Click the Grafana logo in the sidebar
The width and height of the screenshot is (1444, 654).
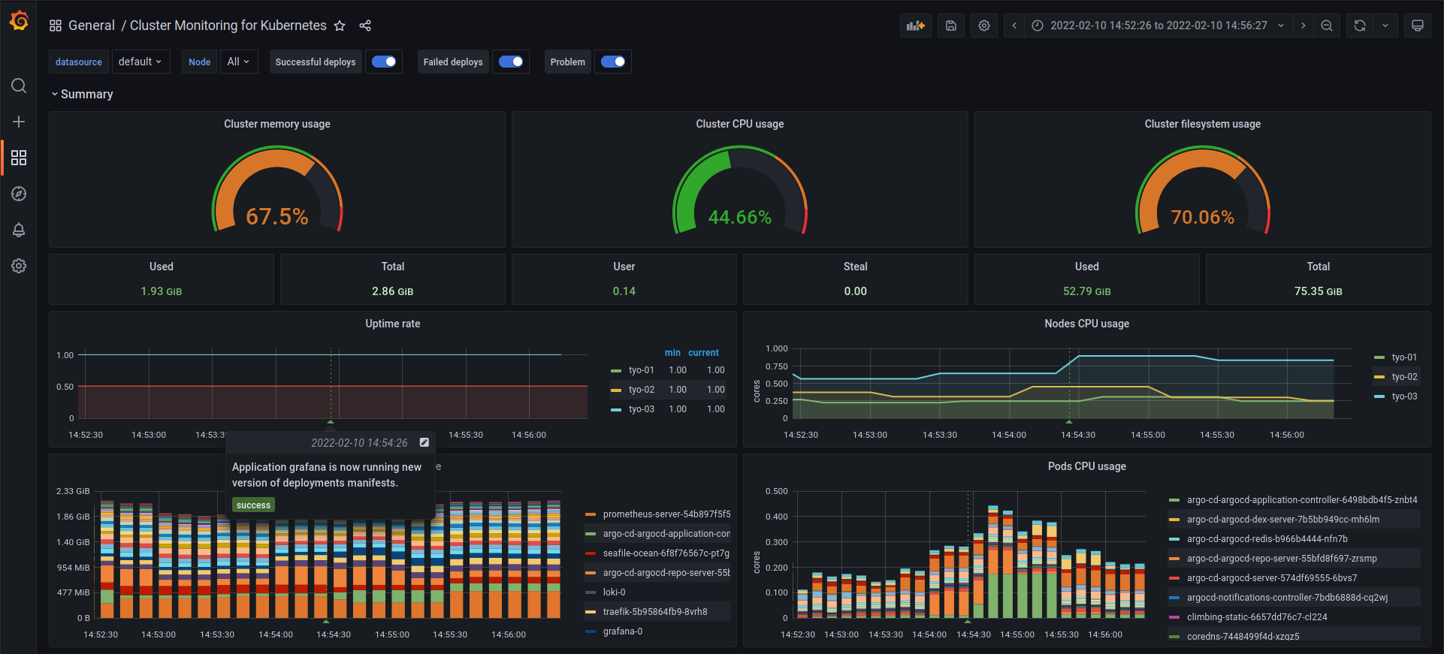[x=19, y=21]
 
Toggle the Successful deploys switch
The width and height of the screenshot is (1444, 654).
[x=384, y=62]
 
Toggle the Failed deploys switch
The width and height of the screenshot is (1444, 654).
[x=511, y=62]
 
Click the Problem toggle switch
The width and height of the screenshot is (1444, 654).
[x=613, y=62]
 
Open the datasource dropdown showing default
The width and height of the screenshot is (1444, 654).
[x=140, y=62]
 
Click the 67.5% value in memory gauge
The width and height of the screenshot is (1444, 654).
[x=277, y=217]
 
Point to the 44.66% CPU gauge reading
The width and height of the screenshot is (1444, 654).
[x=739, y=217]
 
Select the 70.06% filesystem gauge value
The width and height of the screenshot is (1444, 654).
[x=1202, y=217]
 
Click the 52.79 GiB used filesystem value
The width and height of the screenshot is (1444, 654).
[x=1086, y=291]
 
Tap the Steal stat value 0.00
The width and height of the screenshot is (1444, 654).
[x=855, y=291]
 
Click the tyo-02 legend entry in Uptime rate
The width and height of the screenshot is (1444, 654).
[x=641, y=390]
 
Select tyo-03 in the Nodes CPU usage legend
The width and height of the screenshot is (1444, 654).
[x=1403, y=396]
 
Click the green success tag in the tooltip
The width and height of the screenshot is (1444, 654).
[x=253, y=505]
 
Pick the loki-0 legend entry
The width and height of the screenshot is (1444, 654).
[x=614, y=592]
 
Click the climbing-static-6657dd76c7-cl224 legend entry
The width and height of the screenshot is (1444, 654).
[x=1256, y=617]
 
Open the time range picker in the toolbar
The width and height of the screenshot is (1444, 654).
[x=1158, y=26]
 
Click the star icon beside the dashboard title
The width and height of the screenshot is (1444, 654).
[x=340, y=26]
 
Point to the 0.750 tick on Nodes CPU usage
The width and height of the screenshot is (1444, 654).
[x=776, y=366]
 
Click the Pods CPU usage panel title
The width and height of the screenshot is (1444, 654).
[x=1086, y=466]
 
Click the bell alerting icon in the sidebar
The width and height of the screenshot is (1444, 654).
[x=19, y=230]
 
